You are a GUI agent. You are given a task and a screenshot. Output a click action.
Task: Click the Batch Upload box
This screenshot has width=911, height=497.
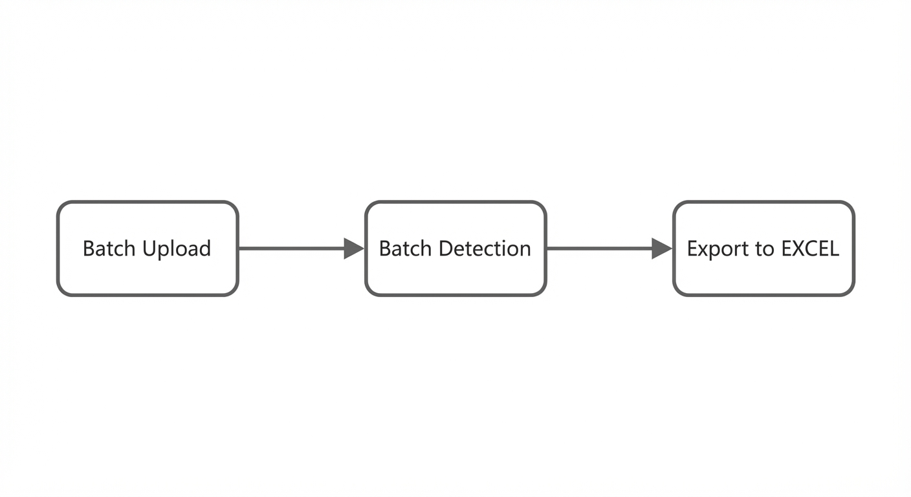pyautogui.click(x=148, y=248)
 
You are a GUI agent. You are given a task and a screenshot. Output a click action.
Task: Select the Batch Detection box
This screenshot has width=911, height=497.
pyautogui.click(x=455, y=248)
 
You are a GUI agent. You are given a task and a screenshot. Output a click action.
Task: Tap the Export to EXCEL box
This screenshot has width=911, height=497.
pyautogui.click(x=763, y=248)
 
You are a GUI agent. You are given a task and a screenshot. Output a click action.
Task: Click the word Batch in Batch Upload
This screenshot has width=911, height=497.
pyautogui.click(x=109, y=248)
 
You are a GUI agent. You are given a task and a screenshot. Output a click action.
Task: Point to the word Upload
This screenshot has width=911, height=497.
pyautogui.click(x=177, y=250)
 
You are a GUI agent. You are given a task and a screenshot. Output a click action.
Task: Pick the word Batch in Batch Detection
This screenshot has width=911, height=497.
pyautogui.click(x=405, y=248)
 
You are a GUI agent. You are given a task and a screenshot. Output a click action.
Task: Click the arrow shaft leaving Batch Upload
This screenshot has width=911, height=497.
pyautogui.click(x=292, y=248)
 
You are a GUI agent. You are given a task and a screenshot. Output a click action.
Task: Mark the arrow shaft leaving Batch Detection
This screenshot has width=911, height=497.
pyautogui.click(x=600, y=248)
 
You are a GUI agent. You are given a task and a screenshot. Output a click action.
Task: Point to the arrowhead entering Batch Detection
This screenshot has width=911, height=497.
pyautogui.click(x=354, y=248)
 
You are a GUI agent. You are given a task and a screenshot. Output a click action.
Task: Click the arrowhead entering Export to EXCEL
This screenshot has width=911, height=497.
pyautogui.click(x=662, y=248)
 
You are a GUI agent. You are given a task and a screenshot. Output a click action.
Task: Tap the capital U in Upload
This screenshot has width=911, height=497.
pyautogui.click(x=149, y=248)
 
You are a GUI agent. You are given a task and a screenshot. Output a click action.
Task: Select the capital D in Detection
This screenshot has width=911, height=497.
pyautogui.click(x=446, y=248)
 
